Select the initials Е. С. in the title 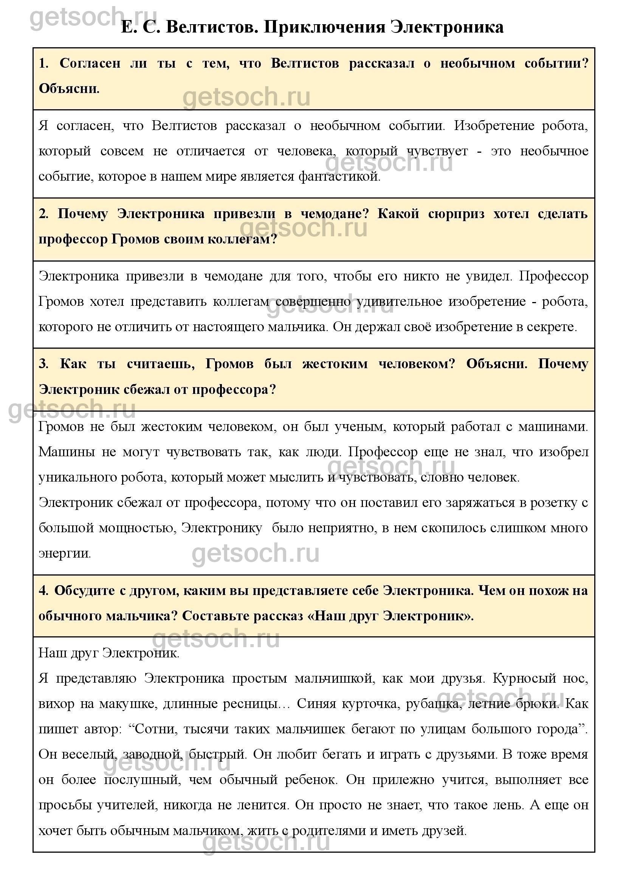(140, 27)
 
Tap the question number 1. (43, 64)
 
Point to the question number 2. (43, 214)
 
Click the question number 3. (43, 364)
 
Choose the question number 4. (43, 591)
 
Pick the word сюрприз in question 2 (456, 214)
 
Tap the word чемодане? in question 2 (335, 214)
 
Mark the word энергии (65, 554)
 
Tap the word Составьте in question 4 (214, 616)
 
